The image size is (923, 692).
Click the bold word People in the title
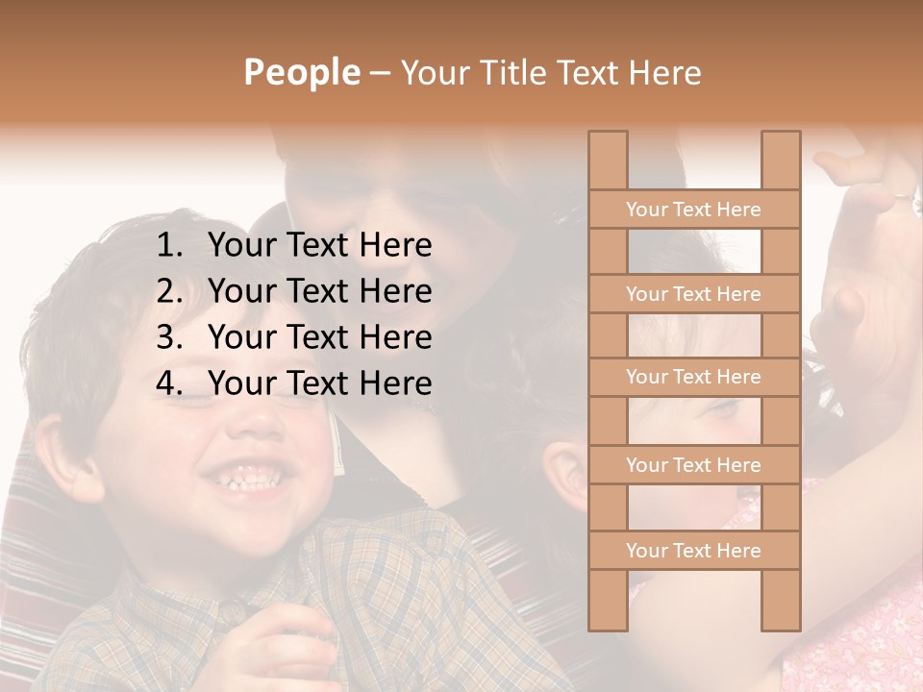[x=301, y=72]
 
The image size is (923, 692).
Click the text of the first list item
[x=319, y=246]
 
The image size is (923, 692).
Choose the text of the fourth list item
[x=319, y=383]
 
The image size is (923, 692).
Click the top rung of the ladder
[x=693, y=210]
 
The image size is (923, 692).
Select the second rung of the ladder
[x=693, y=294]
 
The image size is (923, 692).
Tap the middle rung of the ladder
[x=693, y=378]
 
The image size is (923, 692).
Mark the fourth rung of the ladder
[x=693, y=465]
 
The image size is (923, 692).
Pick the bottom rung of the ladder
[x=693, y=551]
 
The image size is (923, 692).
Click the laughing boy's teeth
[x=247, y=481]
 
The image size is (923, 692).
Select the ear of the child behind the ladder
[x=570, y=474]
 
